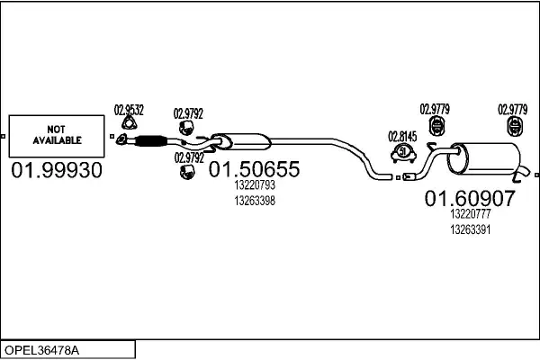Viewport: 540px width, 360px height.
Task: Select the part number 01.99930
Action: tap(56, 170)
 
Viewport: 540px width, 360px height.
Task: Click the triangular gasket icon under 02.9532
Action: tap(128, 125)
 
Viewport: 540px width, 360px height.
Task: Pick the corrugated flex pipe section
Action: tap(149, 139)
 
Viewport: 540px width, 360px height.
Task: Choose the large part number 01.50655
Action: tap(254, 169)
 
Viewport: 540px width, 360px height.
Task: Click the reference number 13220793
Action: tap(254, 185)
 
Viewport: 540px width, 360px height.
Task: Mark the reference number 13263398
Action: tap(254, 201)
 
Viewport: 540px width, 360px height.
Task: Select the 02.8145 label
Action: tap(402, 136)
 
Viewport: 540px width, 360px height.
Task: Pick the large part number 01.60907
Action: tap(470, 198)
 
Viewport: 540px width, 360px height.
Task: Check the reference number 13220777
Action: tap(470, 214)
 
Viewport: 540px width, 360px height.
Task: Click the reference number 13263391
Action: tap(470, 229)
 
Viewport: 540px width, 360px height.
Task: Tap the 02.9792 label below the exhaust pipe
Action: tap(188, 157)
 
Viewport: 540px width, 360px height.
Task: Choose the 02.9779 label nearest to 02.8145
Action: tap(436, 110)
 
